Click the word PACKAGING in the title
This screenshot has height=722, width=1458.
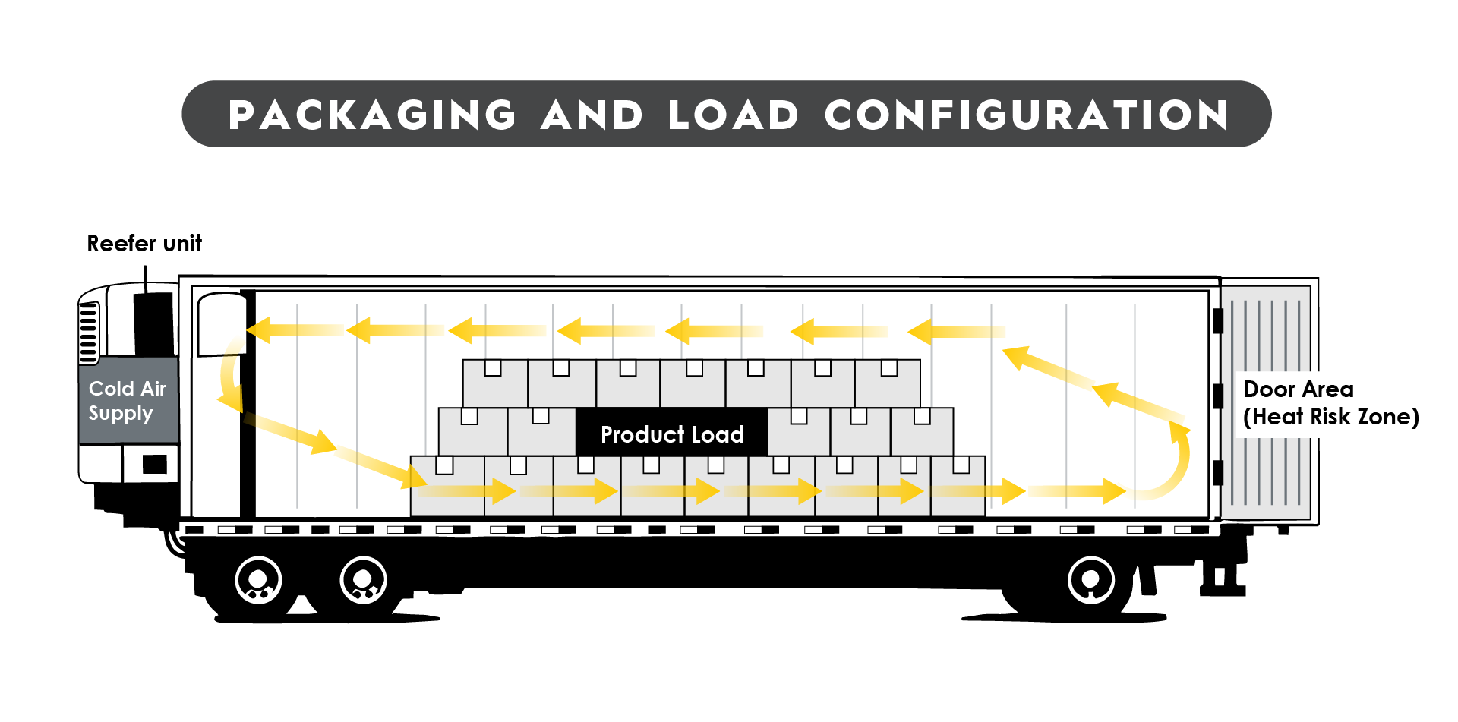point(372,115)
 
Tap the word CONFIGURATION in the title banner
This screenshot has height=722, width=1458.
point(1026,115)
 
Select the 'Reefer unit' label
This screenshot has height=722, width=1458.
point(144,244)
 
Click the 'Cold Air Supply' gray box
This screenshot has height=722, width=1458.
point(128,400)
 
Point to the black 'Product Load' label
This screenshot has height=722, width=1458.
point(671,434)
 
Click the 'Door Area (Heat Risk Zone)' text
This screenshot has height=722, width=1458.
point(1330,403)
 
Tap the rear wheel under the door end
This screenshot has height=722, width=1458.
point(1090,580)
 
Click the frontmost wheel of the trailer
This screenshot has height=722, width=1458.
point(258,581)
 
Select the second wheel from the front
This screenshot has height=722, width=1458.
point(363,581)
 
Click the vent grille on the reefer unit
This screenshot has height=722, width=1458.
point(89,333)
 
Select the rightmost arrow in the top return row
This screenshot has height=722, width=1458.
point(957,332)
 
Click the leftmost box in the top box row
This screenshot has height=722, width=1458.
point(494,383)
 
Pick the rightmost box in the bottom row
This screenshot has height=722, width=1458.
point(958,486)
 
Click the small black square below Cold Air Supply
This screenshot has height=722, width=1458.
point(154,464)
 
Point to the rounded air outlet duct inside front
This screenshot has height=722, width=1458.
point(221,323)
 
